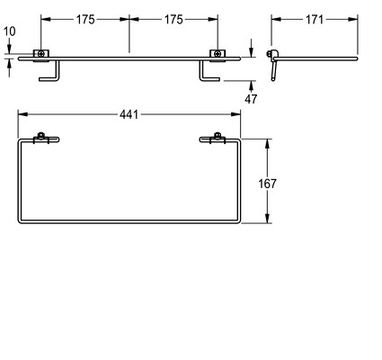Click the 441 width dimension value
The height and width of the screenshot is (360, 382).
(129, 114)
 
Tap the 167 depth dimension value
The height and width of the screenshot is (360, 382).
(267, 184)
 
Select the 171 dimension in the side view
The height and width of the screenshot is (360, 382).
(315, 20)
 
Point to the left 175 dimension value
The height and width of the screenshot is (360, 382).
(85, 20)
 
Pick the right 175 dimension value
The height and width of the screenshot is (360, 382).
(173, 20)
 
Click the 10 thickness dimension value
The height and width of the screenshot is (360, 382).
(10, 31)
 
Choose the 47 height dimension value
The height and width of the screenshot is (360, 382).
(251, 99)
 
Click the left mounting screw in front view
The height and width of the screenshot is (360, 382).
(41, 54)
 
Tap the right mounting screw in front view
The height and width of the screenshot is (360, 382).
(218, 54)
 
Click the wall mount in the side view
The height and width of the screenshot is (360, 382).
(272, 65)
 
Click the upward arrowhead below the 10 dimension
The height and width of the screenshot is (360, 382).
(10, 64)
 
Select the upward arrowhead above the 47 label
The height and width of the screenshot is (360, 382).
(251, 85)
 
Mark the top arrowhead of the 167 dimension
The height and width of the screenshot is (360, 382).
(268, 144)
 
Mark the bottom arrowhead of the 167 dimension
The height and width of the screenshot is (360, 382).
(268, 218)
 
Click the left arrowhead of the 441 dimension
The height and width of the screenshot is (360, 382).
(22, 114)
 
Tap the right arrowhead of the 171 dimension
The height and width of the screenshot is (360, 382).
(353, 20)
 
